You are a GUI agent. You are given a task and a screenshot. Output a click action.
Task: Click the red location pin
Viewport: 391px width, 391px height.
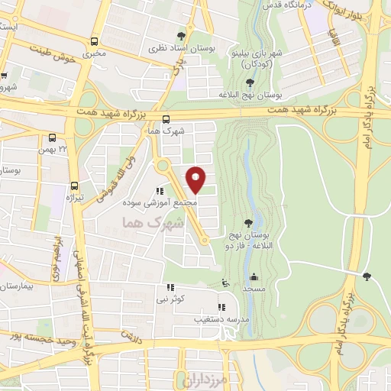tap(196, 179)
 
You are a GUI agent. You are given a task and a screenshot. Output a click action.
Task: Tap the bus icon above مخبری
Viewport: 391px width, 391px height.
tap(94, 42)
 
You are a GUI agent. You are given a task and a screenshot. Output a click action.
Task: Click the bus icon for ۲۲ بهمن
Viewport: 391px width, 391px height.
tap(52, 138)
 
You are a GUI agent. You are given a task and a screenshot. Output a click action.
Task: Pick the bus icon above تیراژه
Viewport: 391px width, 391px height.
tap(74, 185)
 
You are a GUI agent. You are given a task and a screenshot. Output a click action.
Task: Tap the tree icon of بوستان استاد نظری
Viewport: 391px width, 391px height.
tap(181, 36)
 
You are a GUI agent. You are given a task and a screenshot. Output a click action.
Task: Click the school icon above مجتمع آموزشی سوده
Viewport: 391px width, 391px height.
tap(160, 192)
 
